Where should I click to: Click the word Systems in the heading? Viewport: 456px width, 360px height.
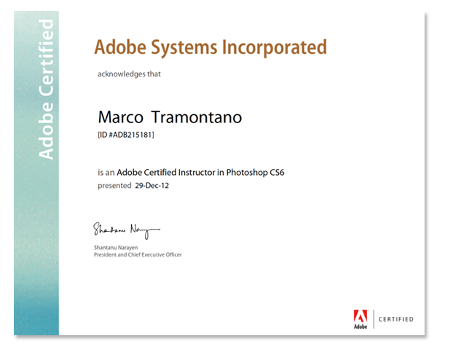(184, 48)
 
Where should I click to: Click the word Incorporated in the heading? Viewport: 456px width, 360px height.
(275, 48)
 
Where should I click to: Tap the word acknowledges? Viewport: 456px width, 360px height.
(121, 74)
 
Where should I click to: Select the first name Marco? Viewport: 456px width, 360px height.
(121, 117)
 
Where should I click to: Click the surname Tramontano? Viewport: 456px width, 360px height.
(197, 117)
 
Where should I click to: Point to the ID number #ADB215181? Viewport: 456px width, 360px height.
(130, 135)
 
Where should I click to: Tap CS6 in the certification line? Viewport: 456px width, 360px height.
(277, 173)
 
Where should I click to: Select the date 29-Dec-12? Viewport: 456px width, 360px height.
(152, 186)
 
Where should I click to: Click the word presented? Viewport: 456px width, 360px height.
(114, 186)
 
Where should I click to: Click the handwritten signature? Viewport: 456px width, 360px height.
(127, 230)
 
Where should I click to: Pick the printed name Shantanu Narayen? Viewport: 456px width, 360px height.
(116, 248)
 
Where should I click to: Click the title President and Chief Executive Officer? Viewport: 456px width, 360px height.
(138, 255)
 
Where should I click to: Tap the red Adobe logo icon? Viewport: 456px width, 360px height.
(361, 316)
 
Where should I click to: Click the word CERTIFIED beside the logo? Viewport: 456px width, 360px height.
(396, 319)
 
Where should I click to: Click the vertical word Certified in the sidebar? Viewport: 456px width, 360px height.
(47, 58)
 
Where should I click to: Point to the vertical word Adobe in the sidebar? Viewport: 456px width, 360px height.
(47, 130)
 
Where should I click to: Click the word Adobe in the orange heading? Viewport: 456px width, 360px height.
(120, 47)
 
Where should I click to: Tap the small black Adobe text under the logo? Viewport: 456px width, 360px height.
(361, 326)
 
